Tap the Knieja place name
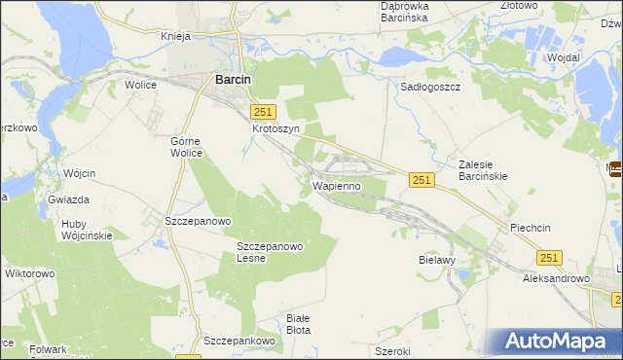(x=179, y=36)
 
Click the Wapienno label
(x=337, y=184)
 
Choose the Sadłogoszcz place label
(x=430, y=86)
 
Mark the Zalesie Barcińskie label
(x=486, y=171)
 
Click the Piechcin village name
(x=531, y=227)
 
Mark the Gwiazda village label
(x=68, y=199)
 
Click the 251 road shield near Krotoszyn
(x=265, y=112)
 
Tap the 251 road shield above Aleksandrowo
(x=549, y=256)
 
